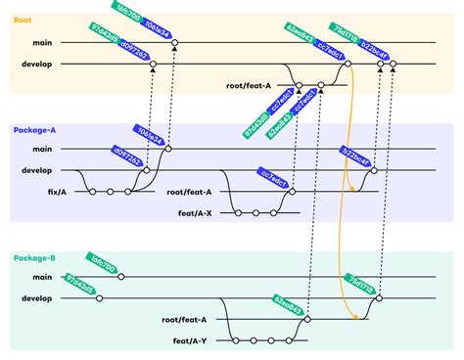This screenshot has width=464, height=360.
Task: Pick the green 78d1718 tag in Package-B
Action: click(358, 283)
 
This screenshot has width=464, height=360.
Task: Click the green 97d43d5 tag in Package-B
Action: click(79, 285)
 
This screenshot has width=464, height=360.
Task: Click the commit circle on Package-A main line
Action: click(168, 149)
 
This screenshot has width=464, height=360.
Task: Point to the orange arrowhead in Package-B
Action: click(349, 315)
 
